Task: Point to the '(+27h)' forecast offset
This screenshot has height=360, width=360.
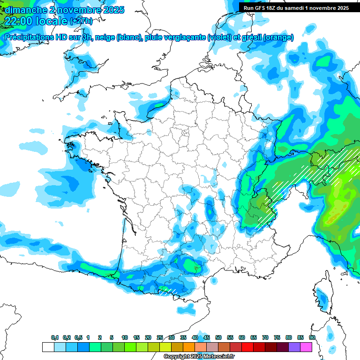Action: point(81,21)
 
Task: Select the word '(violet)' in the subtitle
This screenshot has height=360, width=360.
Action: point(219,37)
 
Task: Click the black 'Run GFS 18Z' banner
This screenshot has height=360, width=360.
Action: point(299,7)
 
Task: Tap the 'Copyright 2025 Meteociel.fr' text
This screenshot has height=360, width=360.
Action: point(199,357)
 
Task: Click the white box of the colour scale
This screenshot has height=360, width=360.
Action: point(48,347)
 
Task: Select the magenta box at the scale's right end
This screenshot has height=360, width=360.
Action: point(307,347)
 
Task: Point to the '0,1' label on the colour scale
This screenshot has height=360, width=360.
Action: point(55,338)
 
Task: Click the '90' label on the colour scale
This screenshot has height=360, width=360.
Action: point(312,338)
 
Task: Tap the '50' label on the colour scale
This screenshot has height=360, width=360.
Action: point(218,338)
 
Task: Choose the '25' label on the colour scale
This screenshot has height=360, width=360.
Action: point(160,338)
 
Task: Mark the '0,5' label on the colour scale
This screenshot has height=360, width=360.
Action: point(78,338)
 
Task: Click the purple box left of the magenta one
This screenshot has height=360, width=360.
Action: point(295,347)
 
